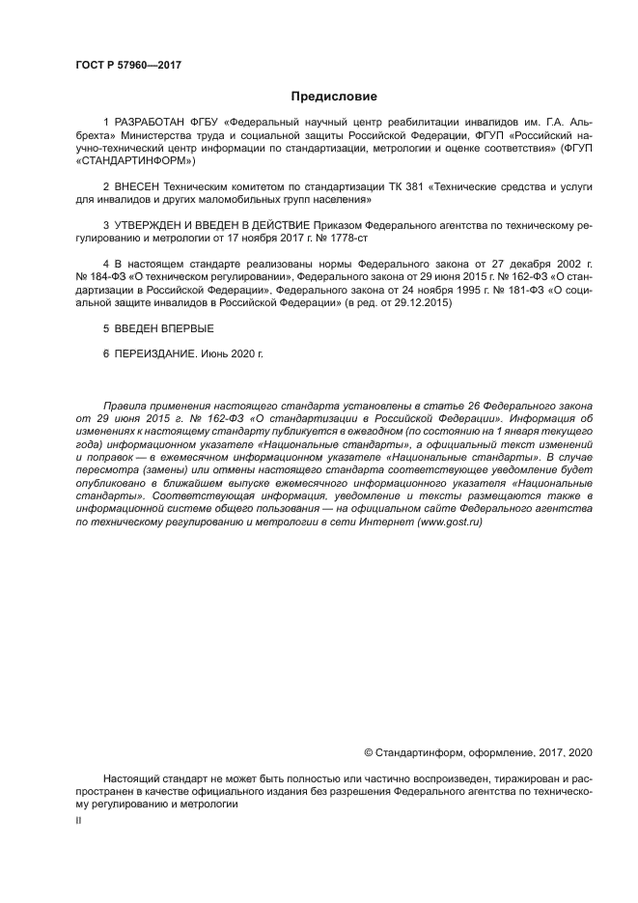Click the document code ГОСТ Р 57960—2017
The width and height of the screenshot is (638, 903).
pyautogui.click(x=128, y=66)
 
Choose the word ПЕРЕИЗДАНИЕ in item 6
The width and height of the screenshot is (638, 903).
pyautogui.click(x=155, y=354)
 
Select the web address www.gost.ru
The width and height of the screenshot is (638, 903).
pyautogui.click(x=449, y=522)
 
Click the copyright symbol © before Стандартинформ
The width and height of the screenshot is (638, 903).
pyautogui.click(x=368, y=750)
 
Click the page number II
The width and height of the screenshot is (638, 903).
pyautogui.click(x=79, y=819)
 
